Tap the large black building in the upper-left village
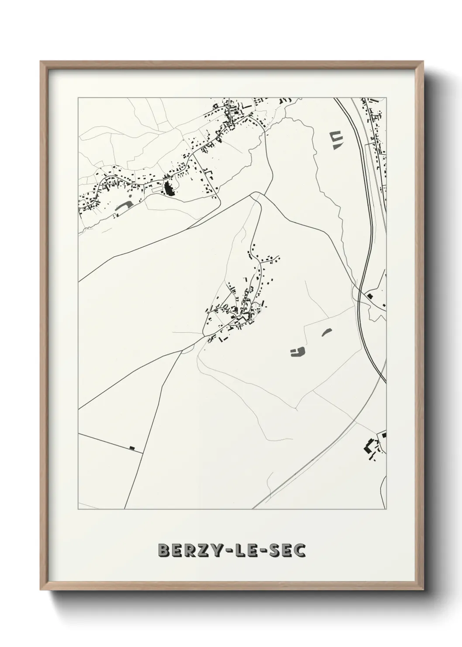click(x=169, y=189)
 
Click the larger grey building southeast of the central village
click(x=298, y=351)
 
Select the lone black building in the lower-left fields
click(x=132, y=448)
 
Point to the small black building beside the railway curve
click(x=370, y=296)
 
